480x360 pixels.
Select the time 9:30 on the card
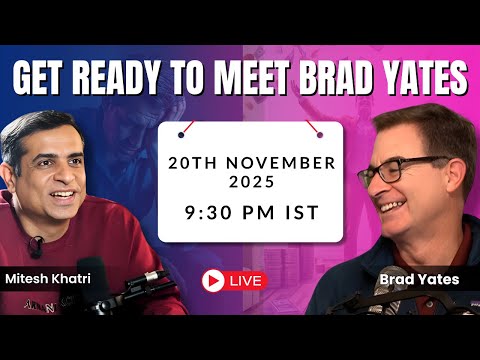coord(219,211)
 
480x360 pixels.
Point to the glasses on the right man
coord(406,170)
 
